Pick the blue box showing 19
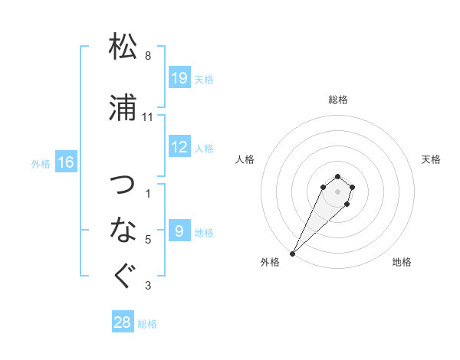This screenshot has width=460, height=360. [179, 78]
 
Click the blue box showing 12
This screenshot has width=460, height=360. [179, 147]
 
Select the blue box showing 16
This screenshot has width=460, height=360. [66, 162]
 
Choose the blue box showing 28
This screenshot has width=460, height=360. [123, 322]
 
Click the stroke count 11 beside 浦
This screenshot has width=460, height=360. [148, 117]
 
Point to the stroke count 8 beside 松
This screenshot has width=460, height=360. [148, 55]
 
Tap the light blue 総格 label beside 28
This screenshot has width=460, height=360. [147, 324]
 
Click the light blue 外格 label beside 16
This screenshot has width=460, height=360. [41, 163]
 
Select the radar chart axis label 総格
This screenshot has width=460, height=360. [338, 100]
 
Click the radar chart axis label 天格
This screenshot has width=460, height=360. [432, 159]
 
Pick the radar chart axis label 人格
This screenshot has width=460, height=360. [245, 159]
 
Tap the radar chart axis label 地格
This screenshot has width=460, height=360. [402, 262]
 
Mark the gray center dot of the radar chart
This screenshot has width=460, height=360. [338, 191]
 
